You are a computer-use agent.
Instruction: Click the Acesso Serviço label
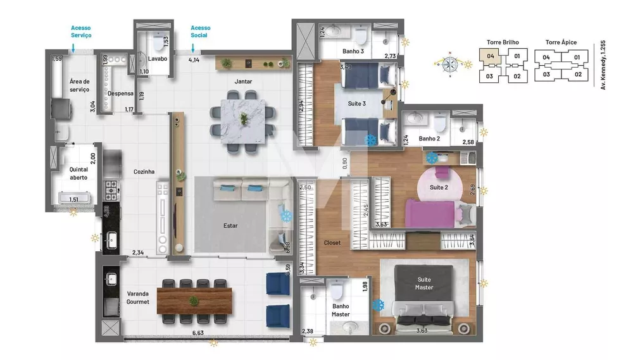(81, 32)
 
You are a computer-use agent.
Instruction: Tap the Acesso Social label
(201, 32)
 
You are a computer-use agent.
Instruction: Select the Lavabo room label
(157, 59)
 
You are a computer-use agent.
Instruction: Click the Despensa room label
(120, 94)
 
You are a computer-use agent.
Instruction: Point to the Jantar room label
(243, 82)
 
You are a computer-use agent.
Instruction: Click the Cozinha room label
(145, 171)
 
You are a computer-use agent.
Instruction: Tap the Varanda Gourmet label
(138, 297)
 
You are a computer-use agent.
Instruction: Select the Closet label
(332, 242)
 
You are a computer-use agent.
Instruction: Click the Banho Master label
(341, 310)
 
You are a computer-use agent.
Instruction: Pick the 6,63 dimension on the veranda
(198, 333)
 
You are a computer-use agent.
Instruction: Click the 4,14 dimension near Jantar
(194, 60)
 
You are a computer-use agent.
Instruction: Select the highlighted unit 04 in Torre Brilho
(491, 56)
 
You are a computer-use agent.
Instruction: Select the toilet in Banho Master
(337, 291)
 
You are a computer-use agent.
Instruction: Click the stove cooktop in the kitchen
(111, 189)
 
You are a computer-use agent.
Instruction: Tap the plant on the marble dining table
(244, 118)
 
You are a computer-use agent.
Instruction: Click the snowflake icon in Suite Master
(379, 305)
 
